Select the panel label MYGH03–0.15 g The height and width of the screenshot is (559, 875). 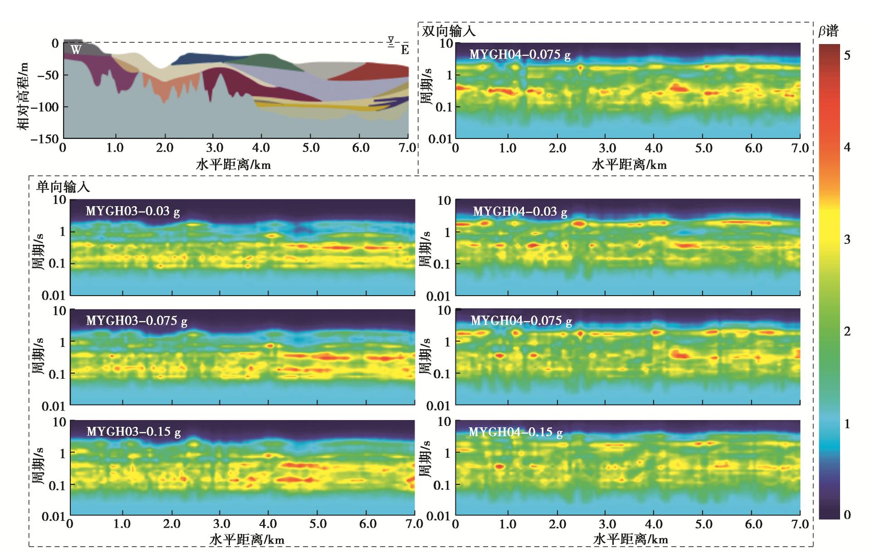tap(133, 431)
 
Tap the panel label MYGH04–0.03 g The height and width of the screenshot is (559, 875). tap(520, 212)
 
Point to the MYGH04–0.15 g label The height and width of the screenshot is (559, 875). tap(515, 432)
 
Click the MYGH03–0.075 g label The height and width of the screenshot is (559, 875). tap(137, 321)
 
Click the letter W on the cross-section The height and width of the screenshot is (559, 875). tap(76, 49)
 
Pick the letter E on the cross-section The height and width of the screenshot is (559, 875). tap(405, 50)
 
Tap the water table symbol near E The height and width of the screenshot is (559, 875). tap(391, 41)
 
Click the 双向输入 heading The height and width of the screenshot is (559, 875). tap(449, 31)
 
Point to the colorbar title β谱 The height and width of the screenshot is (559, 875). tap(828, 31)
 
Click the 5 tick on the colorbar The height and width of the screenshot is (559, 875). tap(846, 55)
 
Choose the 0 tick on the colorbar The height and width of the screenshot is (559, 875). tap(846, 515)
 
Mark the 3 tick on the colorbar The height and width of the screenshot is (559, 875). tap(846, 239)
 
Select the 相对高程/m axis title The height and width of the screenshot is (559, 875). tap(23, 96)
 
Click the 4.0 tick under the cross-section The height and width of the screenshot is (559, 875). tap(260, 148)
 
